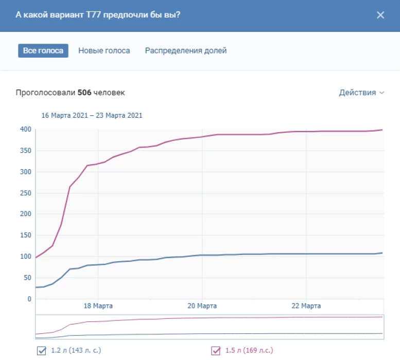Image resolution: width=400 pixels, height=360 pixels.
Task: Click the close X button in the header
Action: (x=380, y=15)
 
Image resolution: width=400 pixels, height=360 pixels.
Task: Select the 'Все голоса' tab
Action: (x=43, y=51)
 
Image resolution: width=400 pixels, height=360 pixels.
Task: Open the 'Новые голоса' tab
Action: (x=104, y=51)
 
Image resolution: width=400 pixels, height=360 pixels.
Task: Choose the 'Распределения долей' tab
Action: (x=186, y=51)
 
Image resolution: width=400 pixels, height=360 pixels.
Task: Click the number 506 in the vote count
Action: (x=84, y=93)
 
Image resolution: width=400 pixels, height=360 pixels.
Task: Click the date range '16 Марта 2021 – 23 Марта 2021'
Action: (x=92, y=116)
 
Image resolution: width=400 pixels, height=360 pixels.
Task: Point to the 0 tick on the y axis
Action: (x=29, y=299)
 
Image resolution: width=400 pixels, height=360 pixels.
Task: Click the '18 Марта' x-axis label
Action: (x=98, y=306)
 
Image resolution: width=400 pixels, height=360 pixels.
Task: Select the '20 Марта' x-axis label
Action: (x=202, y=306)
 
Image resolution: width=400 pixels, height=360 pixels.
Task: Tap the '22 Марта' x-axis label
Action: (x=306, y=306)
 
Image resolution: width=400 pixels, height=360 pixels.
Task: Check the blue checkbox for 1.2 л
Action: (x=41, y=351)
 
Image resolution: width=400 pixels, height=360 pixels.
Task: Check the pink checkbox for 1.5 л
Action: (x=216, y=351)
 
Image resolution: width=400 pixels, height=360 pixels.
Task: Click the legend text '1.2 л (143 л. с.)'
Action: (x=76, y=351)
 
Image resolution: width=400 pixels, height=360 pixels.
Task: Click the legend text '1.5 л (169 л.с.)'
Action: (x=249, y=351)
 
